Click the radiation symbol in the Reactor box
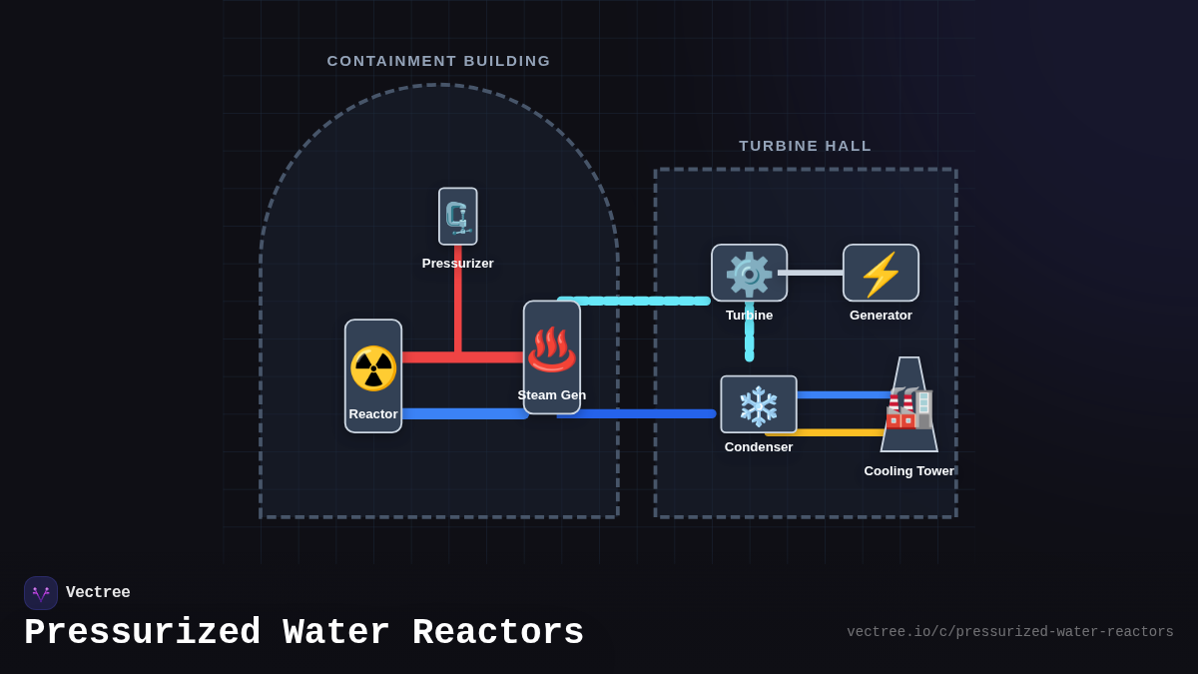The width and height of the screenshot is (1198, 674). tap(373, 368)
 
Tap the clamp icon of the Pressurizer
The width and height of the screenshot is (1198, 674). tap(457, 217)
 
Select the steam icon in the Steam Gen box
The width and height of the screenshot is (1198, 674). tap(551, 349)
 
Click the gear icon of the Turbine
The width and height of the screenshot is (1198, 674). tap(749, 274)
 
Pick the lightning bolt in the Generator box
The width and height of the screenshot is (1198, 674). tap(881, 274)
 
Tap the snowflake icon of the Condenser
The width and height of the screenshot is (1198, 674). tap(758, 405)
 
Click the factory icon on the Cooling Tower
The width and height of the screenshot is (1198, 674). tap(908, 408)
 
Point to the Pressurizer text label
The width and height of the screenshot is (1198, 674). tap(457, 264)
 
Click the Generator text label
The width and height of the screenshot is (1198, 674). tap(881, 316)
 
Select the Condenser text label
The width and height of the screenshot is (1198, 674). tap(759, 447)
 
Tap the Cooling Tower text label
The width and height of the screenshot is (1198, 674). tap(908, 471)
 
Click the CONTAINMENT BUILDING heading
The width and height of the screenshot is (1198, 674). tap(438, 61)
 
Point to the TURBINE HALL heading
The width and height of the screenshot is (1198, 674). tap(805, 146)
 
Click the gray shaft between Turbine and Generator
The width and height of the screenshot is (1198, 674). tap(811, 273)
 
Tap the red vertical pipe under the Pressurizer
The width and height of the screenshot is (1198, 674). tap(458, 300)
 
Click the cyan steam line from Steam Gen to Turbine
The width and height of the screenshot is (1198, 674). tap(639, 301)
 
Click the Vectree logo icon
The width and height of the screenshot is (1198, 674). tap(41, 593)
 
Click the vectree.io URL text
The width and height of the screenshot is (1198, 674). tap(1009, 632)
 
